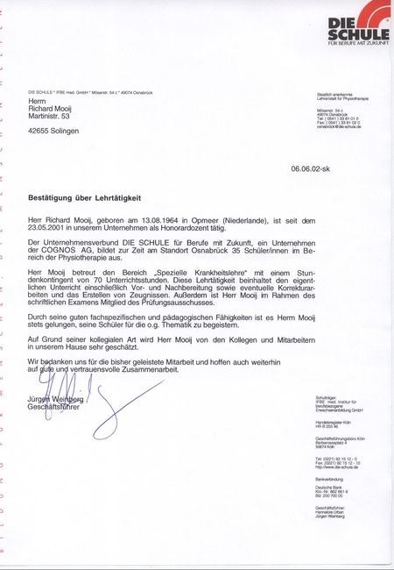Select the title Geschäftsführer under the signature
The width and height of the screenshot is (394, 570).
[x=54, y=408]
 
